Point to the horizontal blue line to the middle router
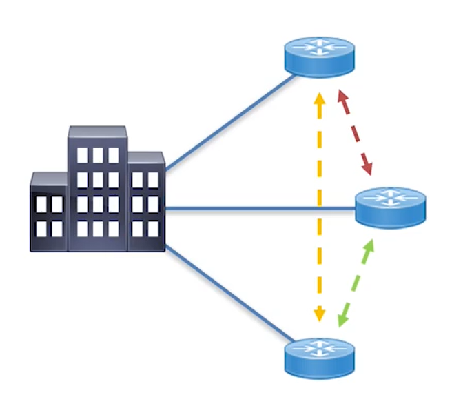tap(262, 207)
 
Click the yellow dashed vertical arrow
tap(319, 207)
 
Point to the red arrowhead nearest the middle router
tap(368, 167)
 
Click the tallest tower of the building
tap(96, 186)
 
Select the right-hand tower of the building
tap(145, 200)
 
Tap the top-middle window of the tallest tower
tap(97, 155)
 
